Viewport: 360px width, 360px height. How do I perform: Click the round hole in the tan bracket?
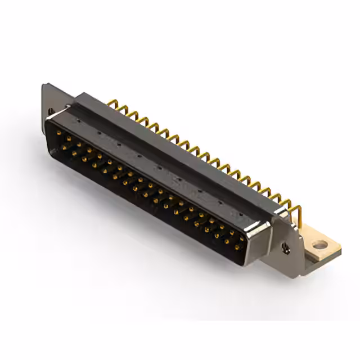coord(320,245)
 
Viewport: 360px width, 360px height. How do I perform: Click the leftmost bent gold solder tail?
coord(112,105)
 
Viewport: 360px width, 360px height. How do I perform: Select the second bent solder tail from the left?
coord(123,110)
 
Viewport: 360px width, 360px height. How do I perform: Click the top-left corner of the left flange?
coord(44,86)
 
